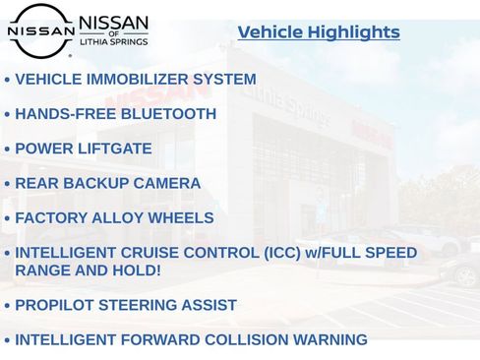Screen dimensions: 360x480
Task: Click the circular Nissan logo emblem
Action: pos(40,30)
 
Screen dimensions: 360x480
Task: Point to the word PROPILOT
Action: pos(56,305)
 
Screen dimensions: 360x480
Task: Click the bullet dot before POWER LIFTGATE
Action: pos(8,150)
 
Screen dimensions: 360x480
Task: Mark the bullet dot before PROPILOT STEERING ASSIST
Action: pos(8,306)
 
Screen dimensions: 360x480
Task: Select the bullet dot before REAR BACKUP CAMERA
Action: pos(8,184)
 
